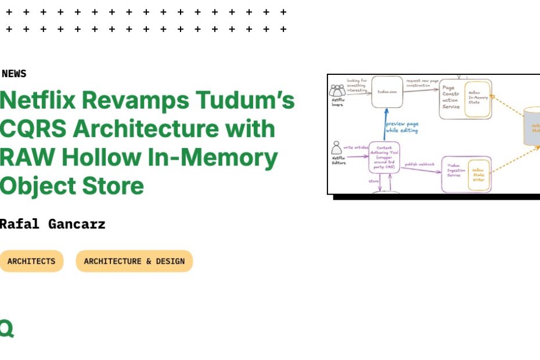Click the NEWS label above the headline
click(14, 74)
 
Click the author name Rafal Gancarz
click(52, 224)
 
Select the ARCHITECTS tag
click(31, 261)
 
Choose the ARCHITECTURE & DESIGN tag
click(134, 261)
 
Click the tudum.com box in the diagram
click(387, 92)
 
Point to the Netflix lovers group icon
click(337, 91)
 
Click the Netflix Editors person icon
click(337, 149)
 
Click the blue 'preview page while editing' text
click(402, 127)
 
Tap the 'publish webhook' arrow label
click(419, 164)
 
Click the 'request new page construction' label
click(423, 83)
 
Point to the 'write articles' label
click(356, 147)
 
